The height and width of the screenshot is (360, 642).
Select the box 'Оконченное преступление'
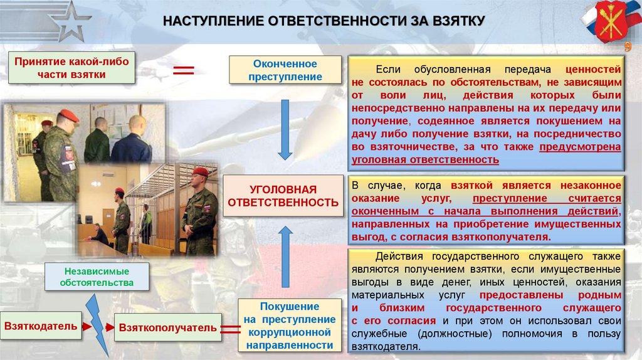coord(285,70)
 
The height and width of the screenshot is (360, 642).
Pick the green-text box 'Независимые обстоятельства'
coord(97,277)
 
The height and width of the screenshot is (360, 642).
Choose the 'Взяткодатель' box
coord(41,326)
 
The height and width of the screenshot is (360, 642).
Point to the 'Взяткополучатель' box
coord(167,327)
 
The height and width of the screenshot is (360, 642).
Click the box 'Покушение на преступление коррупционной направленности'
coord(290,325)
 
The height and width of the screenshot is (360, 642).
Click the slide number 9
coord(626,48)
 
